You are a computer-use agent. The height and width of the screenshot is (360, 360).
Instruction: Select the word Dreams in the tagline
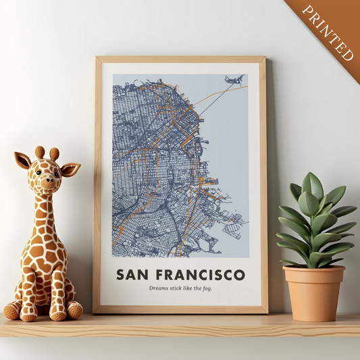(x=159, y=288)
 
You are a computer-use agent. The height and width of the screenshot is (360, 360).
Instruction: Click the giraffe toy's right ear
(x=70, y=168)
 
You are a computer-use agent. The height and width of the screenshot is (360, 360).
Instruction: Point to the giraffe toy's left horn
(x=40, y=153)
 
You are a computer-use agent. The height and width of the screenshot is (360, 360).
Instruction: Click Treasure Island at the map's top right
(x=234, y=80)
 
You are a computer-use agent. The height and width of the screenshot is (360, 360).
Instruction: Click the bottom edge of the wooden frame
(x=180, y=310)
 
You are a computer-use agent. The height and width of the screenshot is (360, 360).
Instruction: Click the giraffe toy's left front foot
(x=28, y=314)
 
